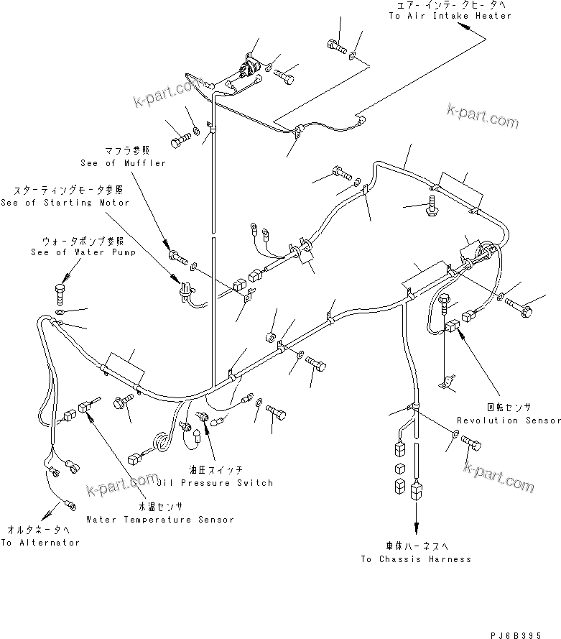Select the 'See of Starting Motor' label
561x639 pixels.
pos(65,203)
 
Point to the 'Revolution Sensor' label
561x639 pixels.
pos(509,420)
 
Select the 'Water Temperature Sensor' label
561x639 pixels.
pos(159,519)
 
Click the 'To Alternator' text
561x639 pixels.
pos(40,543)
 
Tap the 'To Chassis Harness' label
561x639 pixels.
pos(416,558)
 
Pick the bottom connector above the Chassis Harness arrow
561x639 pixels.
pos(416,493)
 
